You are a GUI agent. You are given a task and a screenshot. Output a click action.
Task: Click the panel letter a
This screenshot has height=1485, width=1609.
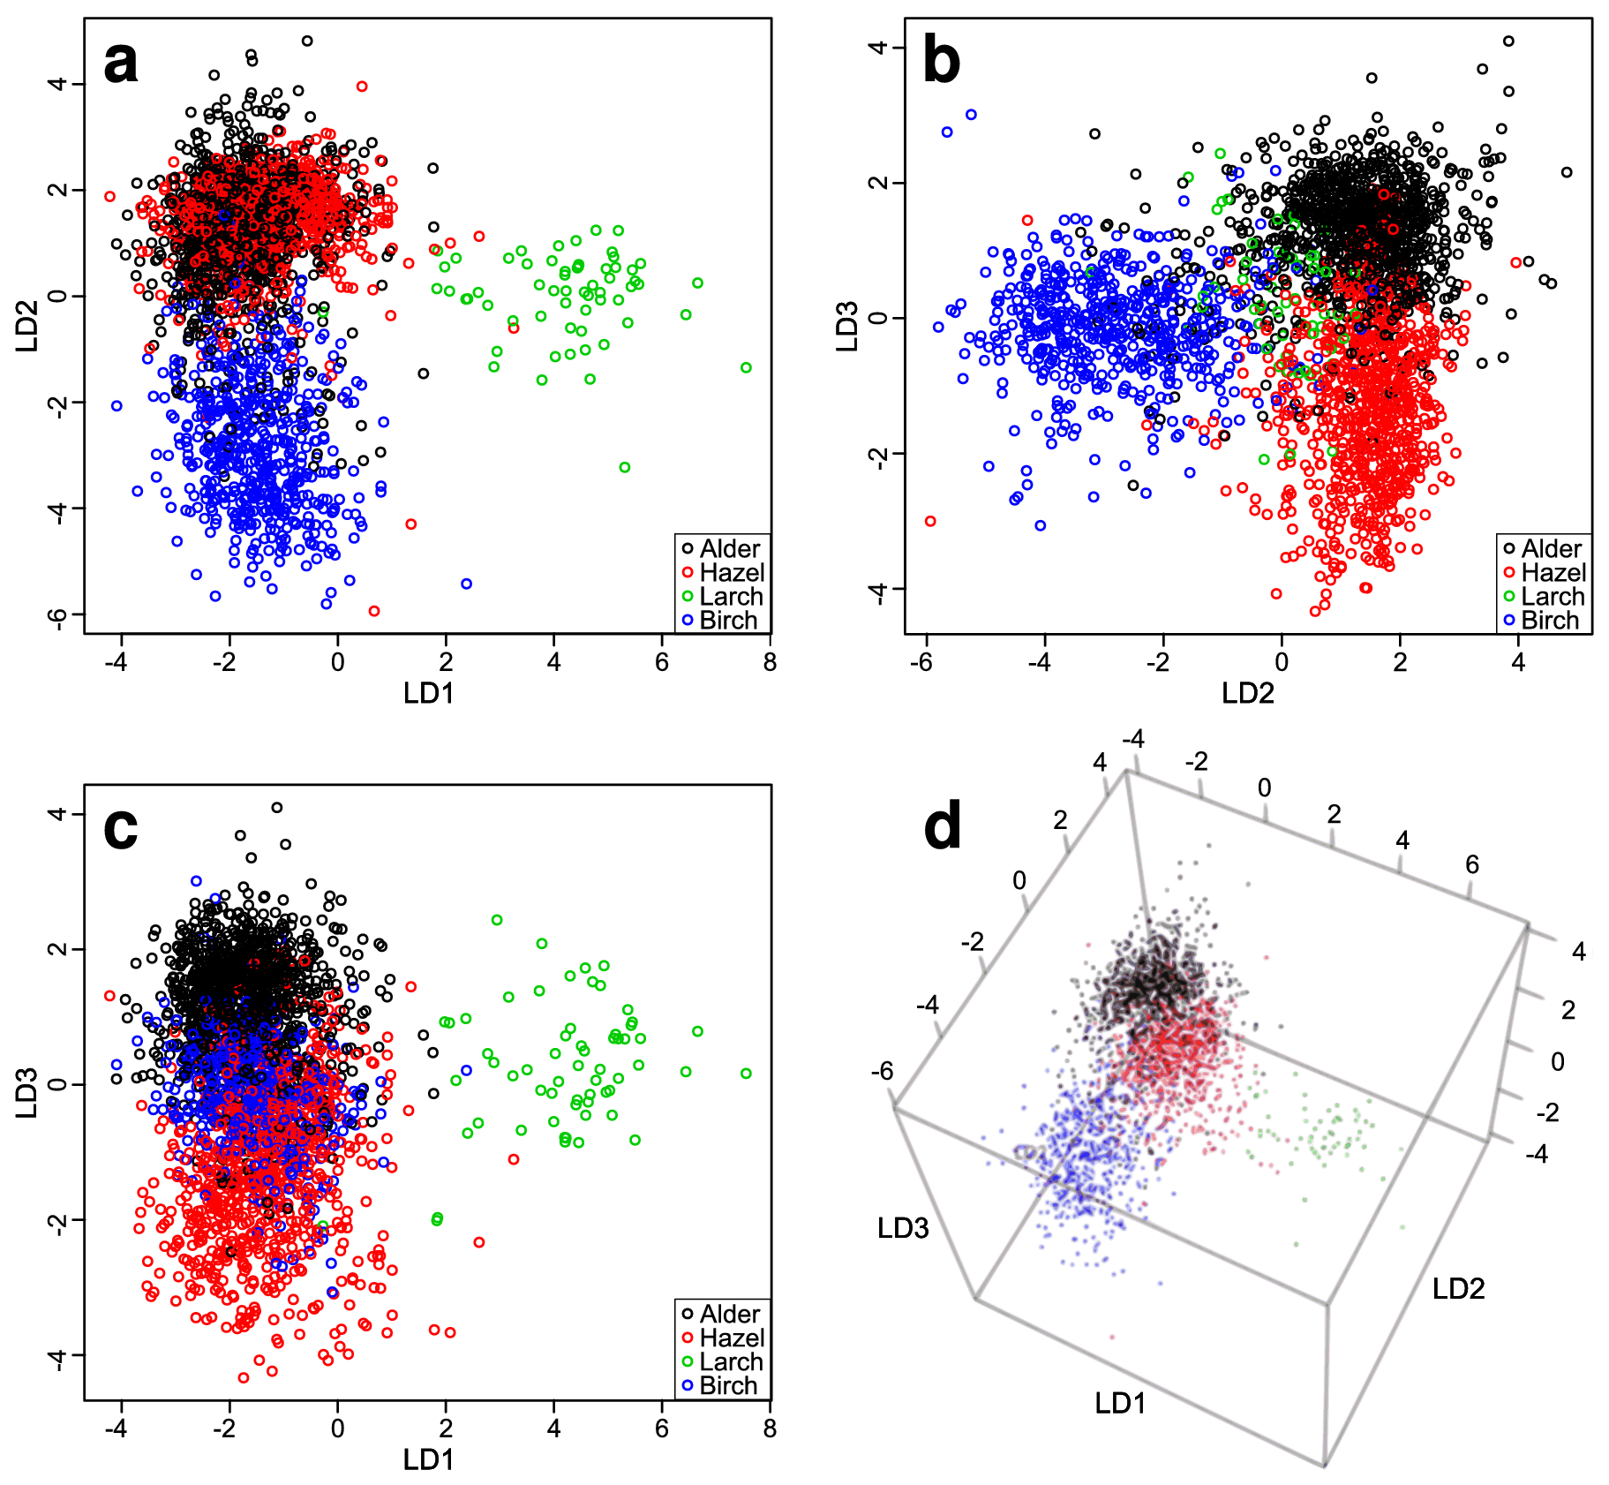tap(121, 64)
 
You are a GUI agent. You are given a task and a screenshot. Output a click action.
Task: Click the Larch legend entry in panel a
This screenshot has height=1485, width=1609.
tap(722, 597)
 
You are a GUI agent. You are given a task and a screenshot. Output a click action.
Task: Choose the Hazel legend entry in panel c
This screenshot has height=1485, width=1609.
tap(722, 1338)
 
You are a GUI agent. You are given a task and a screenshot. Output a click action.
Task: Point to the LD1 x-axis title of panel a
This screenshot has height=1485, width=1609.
tap(428, 694)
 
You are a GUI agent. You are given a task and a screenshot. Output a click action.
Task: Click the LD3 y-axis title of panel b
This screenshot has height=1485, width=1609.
tap(847, 327)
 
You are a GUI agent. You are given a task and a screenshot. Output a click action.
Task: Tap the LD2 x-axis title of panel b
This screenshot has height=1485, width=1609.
tap(1247, 694)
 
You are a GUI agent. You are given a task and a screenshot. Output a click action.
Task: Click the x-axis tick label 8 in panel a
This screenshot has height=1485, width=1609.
tap(770, 663)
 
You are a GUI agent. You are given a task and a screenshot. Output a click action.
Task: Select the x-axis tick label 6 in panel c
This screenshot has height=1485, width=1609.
tap(662, 1428)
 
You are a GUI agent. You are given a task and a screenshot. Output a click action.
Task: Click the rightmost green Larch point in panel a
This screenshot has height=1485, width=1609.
tap(746, 367)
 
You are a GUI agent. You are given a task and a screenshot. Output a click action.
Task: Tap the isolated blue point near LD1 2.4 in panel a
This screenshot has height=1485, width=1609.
tap(466, 584)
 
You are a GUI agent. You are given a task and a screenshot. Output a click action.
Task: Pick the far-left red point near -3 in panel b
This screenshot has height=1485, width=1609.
tap(929, 521)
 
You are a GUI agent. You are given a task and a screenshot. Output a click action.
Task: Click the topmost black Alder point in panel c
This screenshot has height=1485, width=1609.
tap(276, 807)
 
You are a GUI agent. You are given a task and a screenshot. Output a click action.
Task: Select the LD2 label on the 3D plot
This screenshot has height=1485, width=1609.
tap(1458, 1289)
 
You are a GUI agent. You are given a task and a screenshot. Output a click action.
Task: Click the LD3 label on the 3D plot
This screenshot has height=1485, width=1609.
tap(902, 1228)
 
